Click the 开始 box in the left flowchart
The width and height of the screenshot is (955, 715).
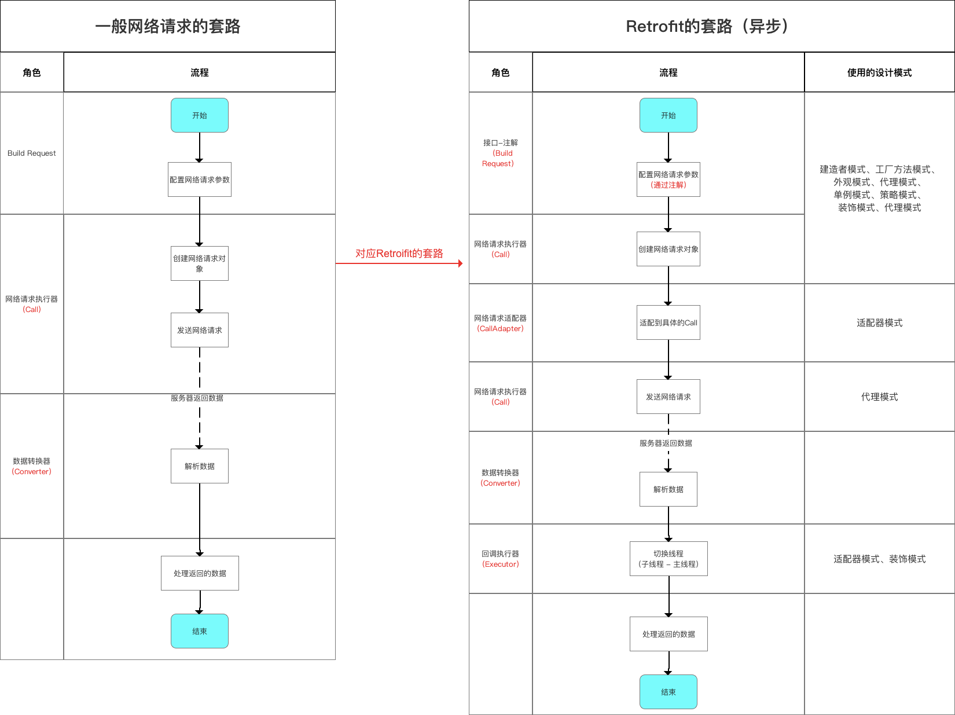[x=199, y=115]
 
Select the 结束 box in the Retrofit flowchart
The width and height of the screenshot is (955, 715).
[x=668, y=692]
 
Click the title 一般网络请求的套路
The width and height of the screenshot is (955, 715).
[x=168, y=27]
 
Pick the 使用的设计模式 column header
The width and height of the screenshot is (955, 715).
[x=879, y=72]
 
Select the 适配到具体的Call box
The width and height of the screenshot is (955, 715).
[x=668, y=322]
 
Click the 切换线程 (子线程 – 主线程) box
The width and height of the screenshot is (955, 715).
[x=668, y=559]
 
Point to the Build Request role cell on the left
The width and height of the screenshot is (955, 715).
[x=32, y=153]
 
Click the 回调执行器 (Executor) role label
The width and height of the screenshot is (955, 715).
[x=501, y=559]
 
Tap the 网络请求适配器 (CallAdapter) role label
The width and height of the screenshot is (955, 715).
[x=501, y=323]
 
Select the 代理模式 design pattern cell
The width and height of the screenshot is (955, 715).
[x=879, y=397]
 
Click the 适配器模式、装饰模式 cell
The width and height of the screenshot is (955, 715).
[x=879, y=559]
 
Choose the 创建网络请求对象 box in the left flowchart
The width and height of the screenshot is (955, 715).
[x=199, y=263]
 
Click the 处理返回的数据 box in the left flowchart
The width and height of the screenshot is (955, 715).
[x=200, y=573]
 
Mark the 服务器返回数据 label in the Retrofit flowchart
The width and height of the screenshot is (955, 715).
[x=666, y=443]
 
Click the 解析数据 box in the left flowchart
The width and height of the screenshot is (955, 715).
[x=199, y=466]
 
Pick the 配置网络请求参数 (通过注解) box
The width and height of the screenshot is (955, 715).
[x=668, y=179]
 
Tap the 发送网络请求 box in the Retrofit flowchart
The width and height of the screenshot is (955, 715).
[x=668, y=397]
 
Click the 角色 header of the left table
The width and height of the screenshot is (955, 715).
[x=32, y=72]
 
